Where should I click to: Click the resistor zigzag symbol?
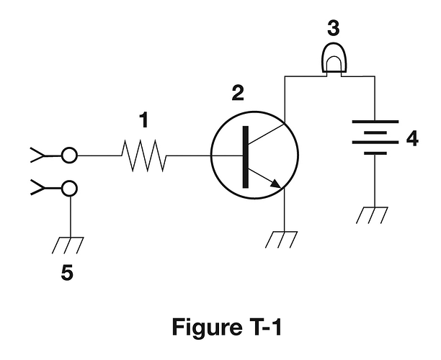click(144, 155)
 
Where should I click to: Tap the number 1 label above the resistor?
click(143, 121)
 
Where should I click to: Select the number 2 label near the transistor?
click(238, 92)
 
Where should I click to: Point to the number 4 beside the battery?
click(411, 138)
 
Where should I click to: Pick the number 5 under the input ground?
click(67, 274)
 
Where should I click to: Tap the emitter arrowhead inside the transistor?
click(276, 184)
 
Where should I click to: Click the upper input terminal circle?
click(69, 155)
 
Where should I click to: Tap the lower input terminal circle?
click(69, 189)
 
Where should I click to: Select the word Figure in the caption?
click(206, 326)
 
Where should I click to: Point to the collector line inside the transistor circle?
click(267, 136)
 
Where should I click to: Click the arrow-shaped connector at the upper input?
click(40, 154)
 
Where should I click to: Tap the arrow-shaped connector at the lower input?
click(40, 189)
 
